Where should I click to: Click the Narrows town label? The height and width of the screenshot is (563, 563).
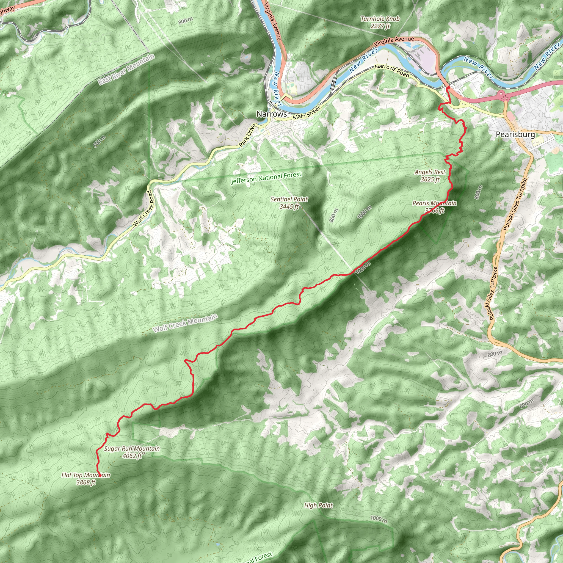click(x=271, y=114)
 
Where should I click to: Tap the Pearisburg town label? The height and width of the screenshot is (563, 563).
click(x=515, y=134)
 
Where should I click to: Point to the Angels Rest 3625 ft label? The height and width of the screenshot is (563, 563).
click(x=430, y=176)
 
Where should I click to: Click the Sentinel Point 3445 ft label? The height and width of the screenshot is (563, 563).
click(x=289, y=203)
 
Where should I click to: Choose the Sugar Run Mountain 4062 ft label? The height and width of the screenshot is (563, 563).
click(x=132, y=452)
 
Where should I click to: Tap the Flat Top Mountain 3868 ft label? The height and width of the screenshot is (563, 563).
click(x=86, y=479)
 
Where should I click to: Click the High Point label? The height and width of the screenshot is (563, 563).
click(x=318, y=505)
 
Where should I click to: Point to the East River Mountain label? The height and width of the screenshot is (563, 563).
click(x=126, y=69)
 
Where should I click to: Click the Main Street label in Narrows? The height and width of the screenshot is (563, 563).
click(x=307, y=113)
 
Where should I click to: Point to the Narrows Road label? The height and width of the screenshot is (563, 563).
click(x=392, y=71)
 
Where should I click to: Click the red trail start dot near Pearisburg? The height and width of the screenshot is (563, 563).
click(x=448, y=87)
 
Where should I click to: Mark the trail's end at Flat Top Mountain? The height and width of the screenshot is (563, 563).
click(x=100, y=476)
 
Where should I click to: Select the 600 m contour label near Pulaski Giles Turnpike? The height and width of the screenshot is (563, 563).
click(x=495, y=354)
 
